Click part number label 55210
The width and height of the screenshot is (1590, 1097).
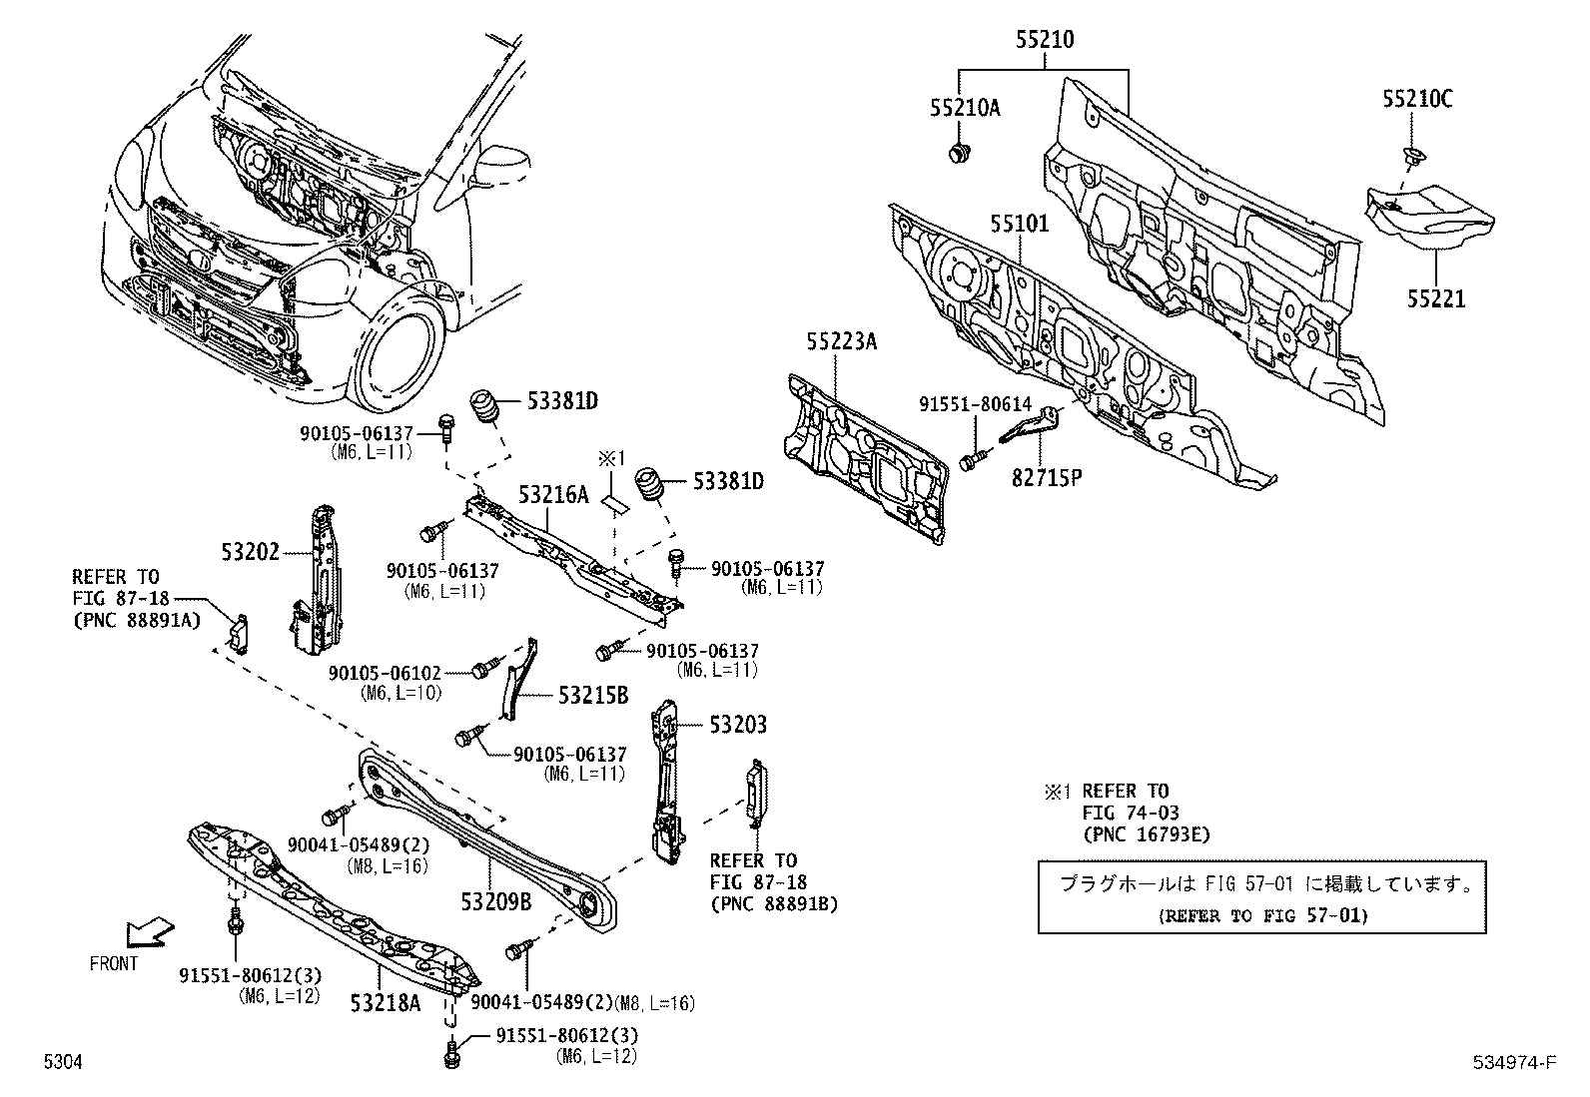(x=1046, y=40)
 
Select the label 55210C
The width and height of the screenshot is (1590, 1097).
(x=1417, y=98)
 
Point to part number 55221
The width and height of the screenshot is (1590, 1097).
(x=1436, y=298)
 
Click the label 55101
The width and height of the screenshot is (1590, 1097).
(x=1020, y=224)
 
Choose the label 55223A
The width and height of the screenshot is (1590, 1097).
(x=841, y=341)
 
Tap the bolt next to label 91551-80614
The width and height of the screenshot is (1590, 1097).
(x=973, y=460)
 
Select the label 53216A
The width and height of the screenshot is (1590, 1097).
(x=552, y=494)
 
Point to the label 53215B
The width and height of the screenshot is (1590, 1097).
(x=592, y=695)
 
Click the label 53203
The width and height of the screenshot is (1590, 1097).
(x=738, y=725)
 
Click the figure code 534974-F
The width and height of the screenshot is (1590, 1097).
(x=1513, y=1062)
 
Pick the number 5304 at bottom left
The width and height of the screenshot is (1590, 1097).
(x=61, y=1063)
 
